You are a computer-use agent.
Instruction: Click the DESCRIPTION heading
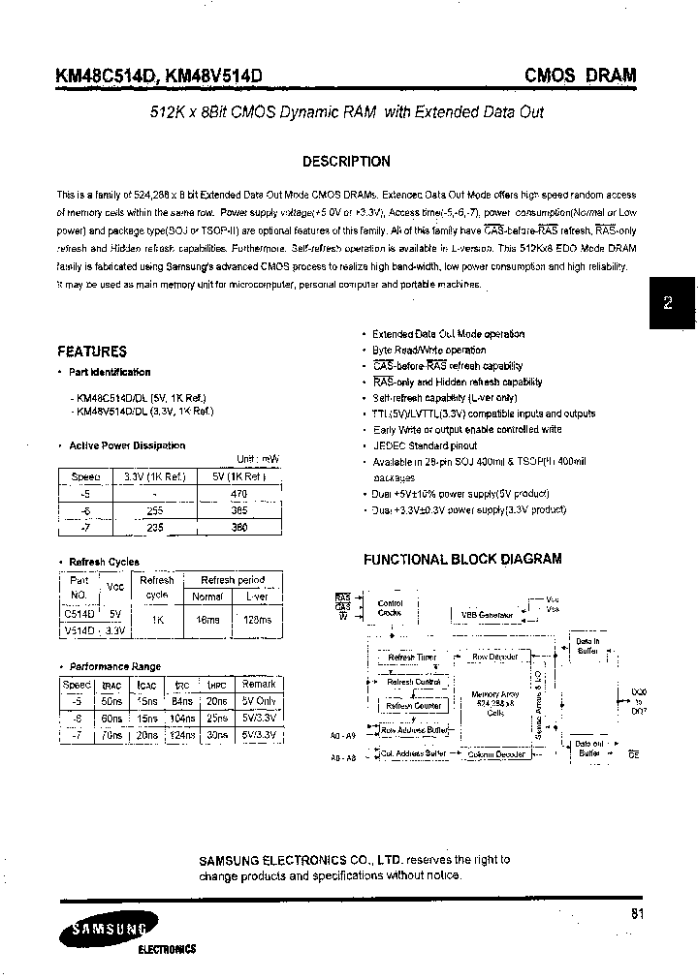tap(346, 162)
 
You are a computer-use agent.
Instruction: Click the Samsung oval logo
tap(104, 932)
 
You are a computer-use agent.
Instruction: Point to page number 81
tap(636, 913)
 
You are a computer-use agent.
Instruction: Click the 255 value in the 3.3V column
tap(154, 510)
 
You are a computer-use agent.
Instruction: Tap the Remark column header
tap(259, 684)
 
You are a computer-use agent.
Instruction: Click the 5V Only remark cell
tap(259, 701)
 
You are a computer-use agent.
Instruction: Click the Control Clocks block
tap(390, 608)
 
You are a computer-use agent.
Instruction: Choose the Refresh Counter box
tap(414, 706)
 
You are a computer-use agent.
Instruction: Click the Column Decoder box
tap(495, 754)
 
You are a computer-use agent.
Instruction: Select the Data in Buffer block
tap(587, 646)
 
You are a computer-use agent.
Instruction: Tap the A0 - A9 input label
tap(343, 734)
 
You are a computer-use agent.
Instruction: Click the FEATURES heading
tap(92, 352)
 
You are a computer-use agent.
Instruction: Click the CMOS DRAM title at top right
tap(580, 74)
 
